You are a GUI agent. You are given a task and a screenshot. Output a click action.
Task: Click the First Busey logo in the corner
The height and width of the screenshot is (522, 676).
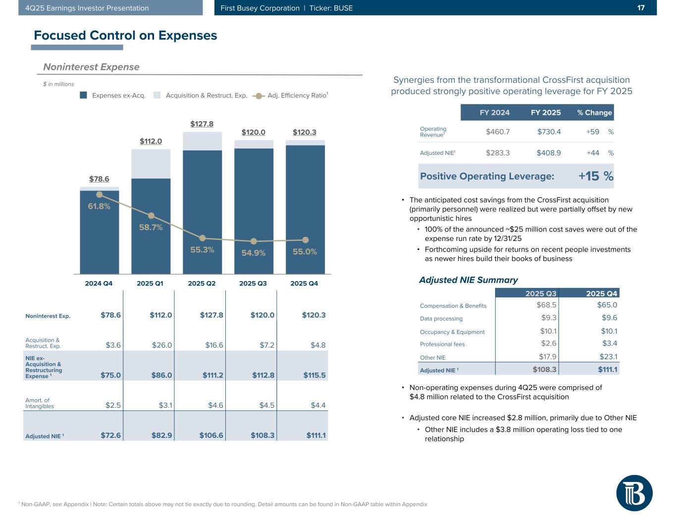634,493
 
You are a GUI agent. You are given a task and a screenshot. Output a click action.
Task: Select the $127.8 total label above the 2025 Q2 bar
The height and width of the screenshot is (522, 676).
202,124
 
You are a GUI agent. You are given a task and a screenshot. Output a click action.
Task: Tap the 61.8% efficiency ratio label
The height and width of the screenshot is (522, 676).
99,206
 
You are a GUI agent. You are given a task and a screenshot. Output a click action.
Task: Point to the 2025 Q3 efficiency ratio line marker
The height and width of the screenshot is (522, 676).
254,241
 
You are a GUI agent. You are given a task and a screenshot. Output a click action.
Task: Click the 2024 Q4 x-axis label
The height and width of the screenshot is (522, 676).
99,284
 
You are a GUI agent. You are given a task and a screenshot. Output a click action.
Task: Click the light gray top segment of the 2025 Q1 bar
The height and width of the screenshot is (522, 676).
151,163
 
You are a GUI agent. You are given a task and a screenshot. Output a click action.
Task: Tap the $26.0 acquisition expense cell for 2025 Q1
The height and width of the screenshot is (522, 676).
162,345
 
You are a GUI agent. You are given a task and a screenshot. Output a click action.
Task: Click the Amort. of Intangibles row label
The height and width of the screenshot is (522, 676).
40,403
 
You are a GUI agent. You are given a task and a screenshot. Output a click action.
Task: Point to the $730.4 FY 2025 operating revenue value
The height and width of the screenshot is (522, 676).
549,132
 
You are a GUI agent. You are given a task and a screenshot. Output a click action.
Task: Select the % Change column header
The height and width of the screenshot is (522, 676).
594,112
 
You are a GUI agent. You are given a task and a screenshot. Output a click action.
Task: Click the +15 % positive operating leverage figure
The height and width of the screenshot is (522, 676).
596,176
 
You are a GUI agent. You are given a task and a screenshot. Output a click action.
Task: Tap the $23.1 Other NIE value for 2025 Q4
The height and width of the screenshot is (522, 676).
607,356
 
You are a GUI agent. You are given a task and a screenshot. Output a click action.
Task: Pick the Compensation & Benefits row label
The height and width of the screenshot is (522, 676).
453,306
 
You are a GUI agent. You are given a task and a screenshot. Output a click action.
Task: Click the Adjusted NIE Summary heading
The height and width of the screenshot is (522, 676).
468,280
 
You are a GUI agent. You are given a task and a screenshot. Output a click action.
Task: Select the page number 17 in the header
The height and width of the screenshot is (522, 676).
641,8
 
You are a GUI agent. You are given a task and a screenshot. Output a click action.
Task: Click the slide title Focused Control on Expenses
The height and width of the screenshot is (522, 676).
125,35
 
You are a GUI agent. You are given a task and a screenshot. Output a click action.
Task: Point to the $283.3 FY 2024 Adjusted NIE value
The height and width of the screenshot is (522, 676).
498,153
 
